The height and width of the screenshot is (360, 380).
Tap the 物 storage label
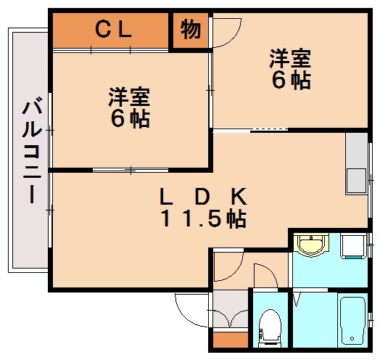[191, 30]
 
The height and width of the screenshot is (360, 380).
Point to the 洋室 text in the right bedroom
[291, 57]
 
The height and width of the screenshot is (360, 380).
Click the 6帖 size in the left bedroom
[131, 118]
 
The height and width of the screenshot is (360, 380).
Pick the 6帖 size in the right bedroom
[292, 80]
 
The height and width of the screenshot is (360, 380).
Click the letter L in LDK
[167, 195]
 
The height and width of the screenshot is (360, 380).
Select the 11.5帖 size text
[202, 218]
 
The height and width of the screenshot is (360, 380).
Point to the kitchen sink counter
[356, 160]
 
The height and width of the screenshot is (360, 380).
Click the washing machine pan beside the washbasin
[353, 247]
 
